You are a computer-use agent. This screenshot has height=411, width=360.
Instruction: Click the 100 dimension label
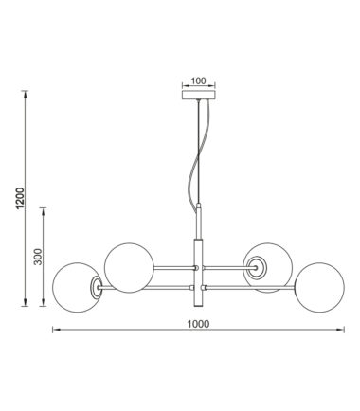click(x=198, y=80)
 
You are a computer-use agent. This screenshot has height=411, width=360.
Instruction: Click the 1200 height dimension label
click(x=20, y=198)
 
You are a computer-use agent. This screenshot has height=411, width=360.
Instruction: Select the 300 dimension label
click(x=38, y=257)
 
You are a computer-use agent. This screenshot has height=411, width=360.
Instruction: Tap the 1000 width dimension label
click(x=198, y=324)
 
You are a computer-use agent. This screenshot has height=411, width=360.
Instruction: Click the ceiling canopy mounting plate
click(x=199, y=95)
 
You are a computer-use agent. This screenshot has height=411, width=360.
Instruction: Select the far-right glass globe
click(x=320, y=288)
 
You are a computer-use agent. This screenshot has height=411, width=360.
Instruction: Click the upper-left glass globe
click(x=129, y=268)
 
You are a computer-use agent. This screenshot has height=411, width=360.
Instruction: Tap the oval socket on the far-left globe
click(x=97, y=287)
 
